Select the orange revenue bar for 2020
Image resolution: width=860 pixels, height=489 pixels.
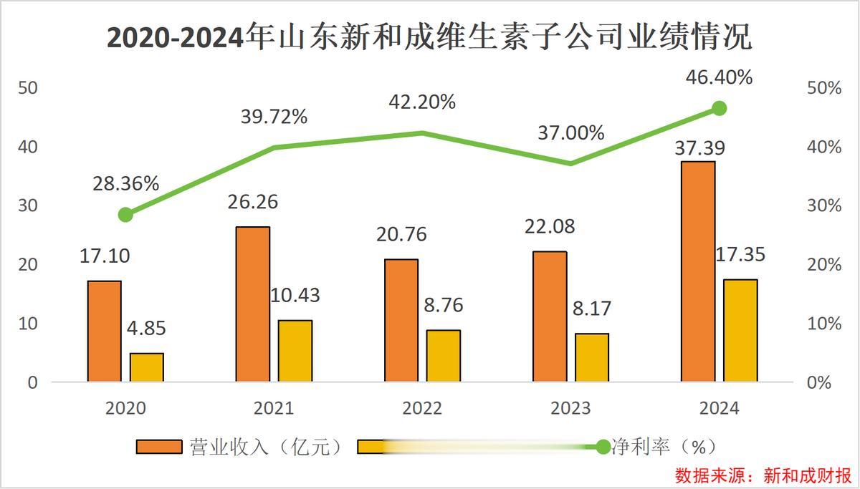click(x=105, y=331)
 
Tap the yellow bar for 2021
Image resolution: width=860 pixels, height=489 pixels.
click(x=295, y=351)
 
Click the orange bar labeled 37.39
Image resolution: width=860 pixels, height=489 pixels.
click(x=698, y=271)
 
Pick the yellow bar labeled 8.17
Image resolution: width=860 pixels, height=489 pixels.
click(x=591, y=357)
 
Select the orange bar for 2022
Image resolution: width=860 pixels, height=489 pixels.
click(x=401, y=320)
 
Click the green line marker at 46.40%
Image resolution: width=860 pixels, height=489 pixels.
click(x=720, y=109)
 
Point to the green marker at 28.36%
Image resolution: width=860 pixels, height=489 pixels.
click(x=125, y=215)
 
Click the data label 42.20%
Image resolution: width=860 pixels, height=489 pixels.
click(x=422, y=102)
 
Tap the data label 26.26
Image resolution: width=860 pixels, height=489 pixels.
click(x=253, y=202)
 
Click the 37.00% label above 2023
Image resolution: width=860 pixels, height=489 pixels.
click(x=571, y=133)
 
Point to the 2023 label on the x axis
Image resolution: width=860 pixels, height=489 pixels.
click(x=570, y=409)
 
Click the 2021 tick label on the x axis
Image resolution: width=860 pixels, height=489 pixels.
click(x=274, y=409)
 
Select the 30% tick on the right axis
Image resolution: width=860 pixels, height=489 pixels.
click(x=824, y=206)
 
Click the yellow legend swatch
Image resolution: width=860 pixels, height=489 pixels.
click(x=373, y=447)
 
